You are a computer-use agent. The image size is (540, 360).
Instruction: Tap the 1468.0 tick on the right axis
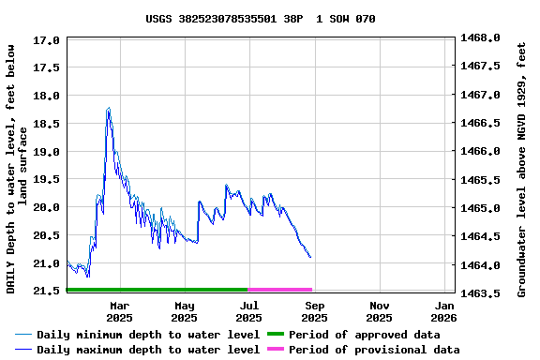481,38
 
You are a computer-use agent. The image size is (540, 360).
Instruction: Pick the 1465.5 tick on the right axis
481,179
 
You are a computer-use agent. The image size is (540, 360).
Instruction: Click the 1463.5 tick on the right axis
481,292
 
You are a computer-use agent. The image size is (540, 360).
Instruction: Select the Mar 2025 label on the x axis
120,311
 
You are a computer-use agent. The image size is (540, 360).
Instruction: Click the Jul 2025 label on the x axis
249,311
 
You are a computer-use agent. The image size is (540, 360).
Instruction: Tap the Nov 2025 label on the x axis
380,311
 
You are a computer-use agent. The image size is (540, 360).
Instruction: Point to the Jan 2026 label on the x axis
444,311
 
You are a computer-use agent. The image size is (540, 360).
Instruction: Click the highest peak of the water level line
109,108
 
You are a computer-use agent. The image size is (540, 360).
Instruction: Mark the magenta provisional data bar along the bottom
279,290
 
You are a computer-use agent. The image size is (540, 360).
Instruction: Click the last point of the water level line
310,257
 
